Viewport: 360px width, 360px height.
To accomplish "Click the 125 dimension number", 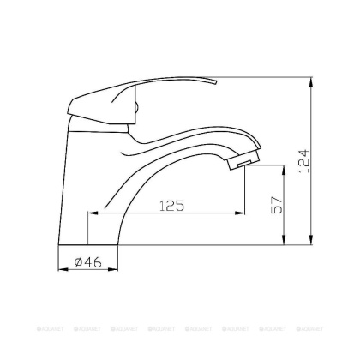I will pyautogui.click(x=173, y=206).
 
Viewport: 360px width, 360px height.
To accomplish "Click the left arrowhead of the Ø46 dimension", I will pyautogui.click(x=61, y=268).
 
